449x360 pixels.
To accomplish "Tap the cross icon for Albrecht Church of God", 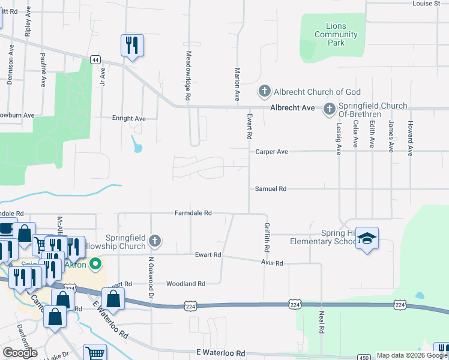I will point(264,92).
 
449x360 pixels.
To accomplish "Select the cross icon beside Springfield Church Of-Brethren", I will point(329,109).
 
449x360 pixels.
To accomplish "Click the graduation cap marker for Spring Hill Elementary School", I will point(367,239).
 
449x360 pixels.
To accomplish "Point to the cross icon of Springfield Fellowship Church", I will point(155,242).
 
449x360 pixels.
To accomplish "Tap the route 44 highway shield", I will point(95,59).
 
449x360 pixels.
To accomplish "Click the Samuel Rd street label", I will point(271,188).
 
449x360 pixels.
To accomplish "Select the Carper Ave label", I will point(272,152).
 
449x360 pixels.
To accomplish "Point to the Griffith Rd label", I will point(266,237).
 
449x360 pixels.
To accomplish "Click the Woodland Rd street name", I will point(185,283).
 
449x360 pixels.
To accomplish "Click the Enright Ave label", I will point(128,118).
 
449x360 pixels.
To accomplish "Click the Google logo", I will point(20,353).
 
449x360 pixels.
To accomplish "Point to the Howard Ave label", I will point(411,138).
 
